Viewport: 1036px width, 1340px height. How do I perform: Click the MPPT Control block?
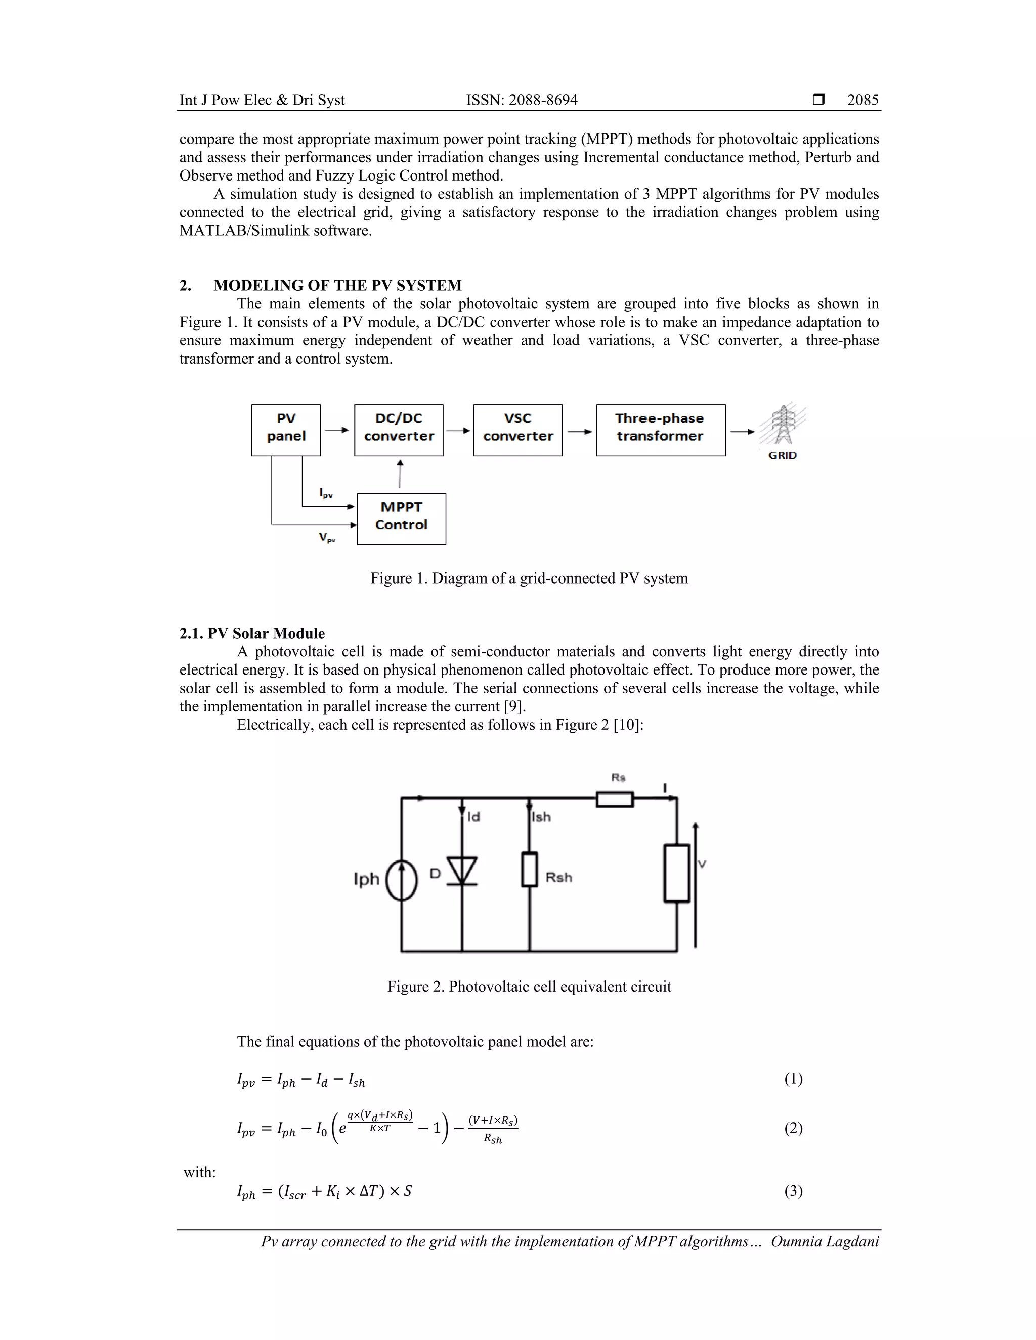pyautogui.click(x=401, y=518)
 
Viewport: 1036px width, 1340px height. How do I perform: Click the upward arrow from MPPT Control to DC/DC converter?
pyautogui.click(x=400, y=474)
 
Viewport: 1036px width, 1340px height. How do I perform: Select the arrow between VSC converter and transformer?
pyautogui.click(x=579, y=432)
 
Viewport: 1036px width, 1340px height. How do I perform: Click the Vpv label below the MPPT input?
pyautogui.click(x=327, y=538)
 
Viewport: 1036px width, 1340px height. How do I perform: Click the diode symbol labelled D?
pyautogui.click(x=461, y=871)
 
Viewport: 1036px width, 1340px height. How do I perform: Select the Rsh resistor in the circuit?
pyautogui.click(x=530, y=869)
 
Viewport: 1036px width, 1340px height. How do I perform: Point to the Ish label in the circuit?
pyautogui.click(x=541, y=817)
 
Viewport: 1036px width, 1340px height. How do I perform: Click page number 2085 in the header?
pyautogui.click(x=862, y=100)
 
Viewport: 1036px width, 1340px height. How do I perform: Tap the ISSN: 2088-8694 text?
pyautogui.click(x=522, y=100)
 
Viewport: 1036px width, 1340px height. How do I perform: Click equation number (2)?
pyautogui.click(x=793, y=1128)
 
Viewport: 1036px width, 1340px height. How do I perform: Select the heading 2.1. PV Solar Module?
pyautogui.click(x=252, y=633)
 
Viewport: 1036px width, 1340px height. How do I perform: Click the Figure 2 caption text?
pyautogui.click(x=529, y=987)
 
